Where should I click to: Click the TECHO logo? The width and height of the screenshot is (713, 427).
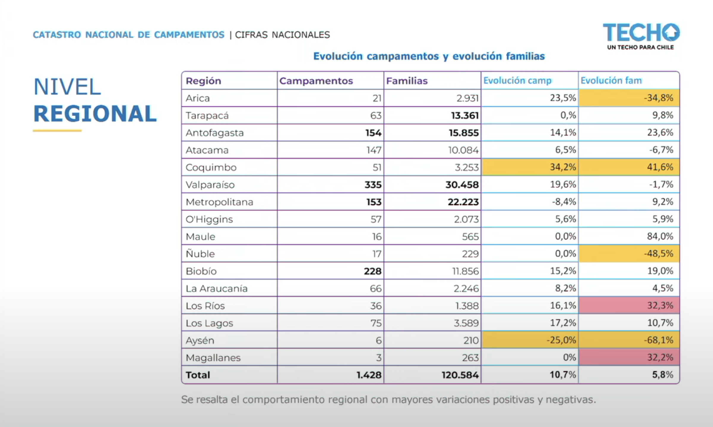(641, 36)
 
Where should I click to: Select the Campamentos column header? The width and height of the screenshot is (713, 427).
(316, 81)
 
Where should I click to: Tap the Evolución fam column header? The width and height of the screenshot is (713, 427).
(611, 80)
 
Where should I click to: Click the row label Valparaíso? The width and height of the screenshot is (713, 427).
(210, 185)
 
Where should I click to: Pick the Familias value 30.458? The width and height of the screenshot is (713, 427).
(462, 185)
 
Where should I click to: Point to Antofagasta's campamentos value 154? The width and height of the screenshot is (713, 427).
(373, 133)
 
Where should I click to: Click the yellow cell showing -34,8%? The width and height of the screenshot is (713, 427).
(629, 98)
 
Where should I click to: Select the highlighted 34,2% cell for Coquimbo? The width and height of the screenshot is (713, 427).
(530, 167)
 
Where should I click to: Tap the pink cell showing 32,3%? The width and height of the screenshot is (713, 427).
(629, 305)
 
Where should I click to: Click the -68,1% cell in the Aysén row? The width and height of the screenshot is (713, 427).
(629, 340)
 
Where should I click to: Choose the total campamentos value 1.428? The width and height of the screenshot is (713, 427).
(369, 375)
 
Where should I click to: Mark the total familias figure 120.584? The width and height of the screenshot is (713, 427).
(460, 375)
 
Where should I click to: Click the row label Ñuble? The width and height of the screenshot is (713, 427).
(200, 254)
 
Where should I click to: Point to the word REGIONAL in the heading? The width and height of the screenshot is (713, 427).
(95, 114)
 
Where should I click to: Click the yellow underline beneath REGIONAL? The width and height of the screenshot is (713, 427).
(57, 130)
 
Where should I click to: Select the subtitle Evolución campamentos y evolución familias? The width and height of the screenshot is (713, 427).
(429, 56)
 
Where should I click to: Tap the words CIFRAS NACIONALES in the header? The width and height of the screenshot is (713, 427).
(282, 35)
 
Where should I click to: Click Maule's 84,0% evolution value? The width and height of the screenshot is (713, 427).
(660, 236)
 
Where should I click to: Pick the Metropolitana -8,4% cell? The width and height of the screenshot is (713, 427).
(564, 202)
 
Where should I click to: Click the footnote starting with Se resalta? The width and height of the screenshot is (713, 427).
(388, 399)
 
